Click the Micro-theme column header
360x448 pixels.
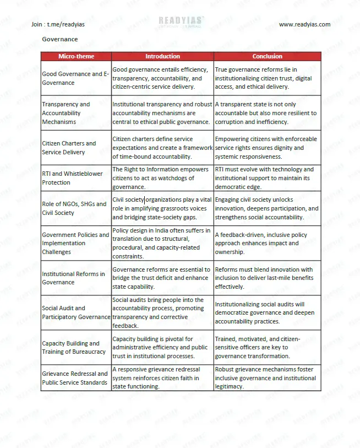[76, 56]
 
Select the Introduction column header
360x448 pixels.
[162, 56]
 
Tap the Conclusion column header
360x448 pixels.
[267, 56]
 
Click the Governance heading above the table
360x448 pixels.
[60, 39]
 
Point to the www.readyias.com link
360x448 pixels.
[304, 24]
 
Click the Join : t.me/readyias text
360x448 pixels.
[58, 24]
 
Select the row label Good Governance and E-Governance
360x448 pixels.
[75, 78]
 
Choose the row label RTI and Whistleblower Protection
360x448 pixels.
[72, 178]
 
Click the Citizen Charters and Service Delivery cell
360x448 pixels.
[69, 148]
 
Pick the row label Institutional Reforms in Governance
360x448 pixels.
[73, 278]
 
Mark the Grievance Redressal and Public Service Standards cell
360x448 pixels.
[75, 378]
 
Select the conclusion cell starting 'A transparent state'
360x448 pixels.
[266, 113]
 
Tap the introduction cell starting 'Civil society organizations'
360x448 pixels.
[162, 208]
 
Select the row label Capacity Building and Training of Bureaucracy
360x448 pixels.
[74, 347]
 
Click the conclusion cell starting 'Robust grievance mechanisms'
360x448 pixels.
[265, 378]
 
